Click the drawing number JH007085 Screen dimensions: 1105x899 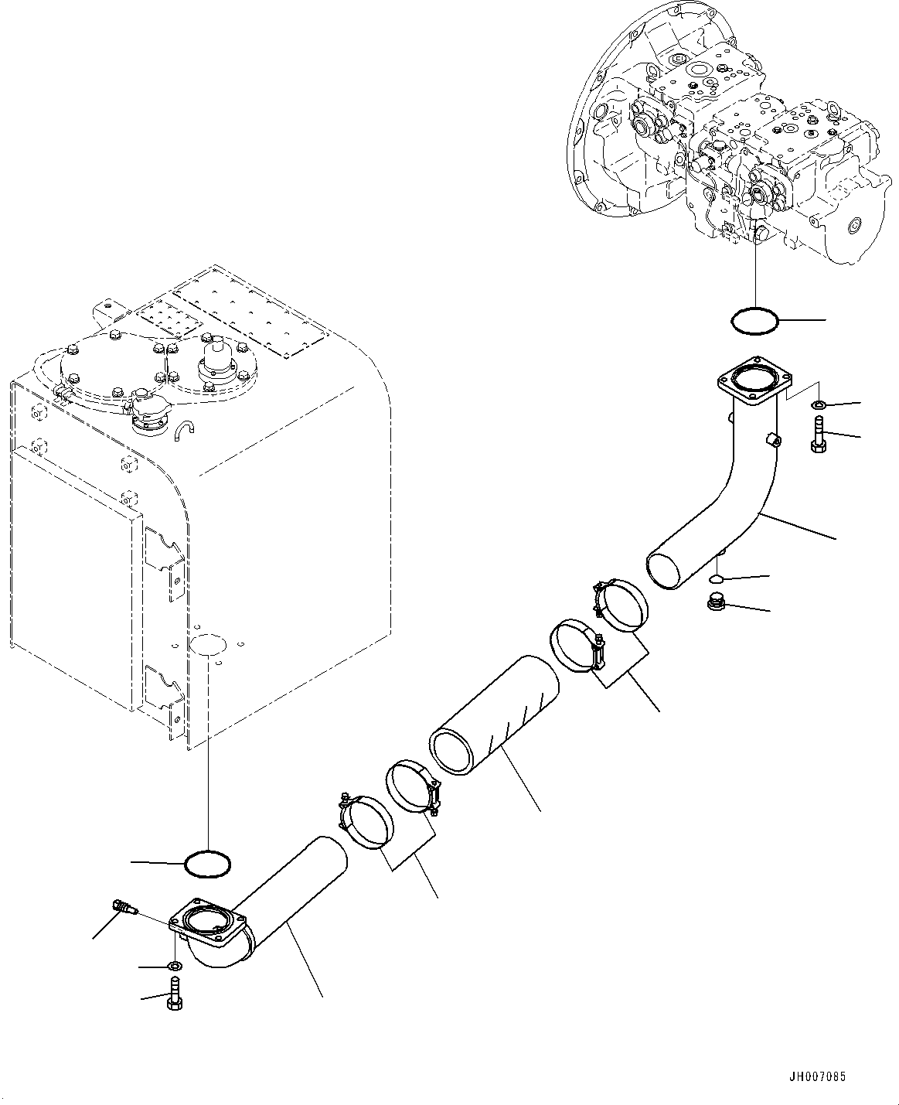(x=822, y=1076)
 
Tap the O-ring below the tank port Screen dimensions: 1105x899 (x=208, y=864)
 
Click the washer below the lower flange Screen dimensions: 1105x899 (x=175, y=966)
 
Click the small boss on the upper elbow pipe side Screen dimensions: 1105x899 (x=774, y=442)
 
